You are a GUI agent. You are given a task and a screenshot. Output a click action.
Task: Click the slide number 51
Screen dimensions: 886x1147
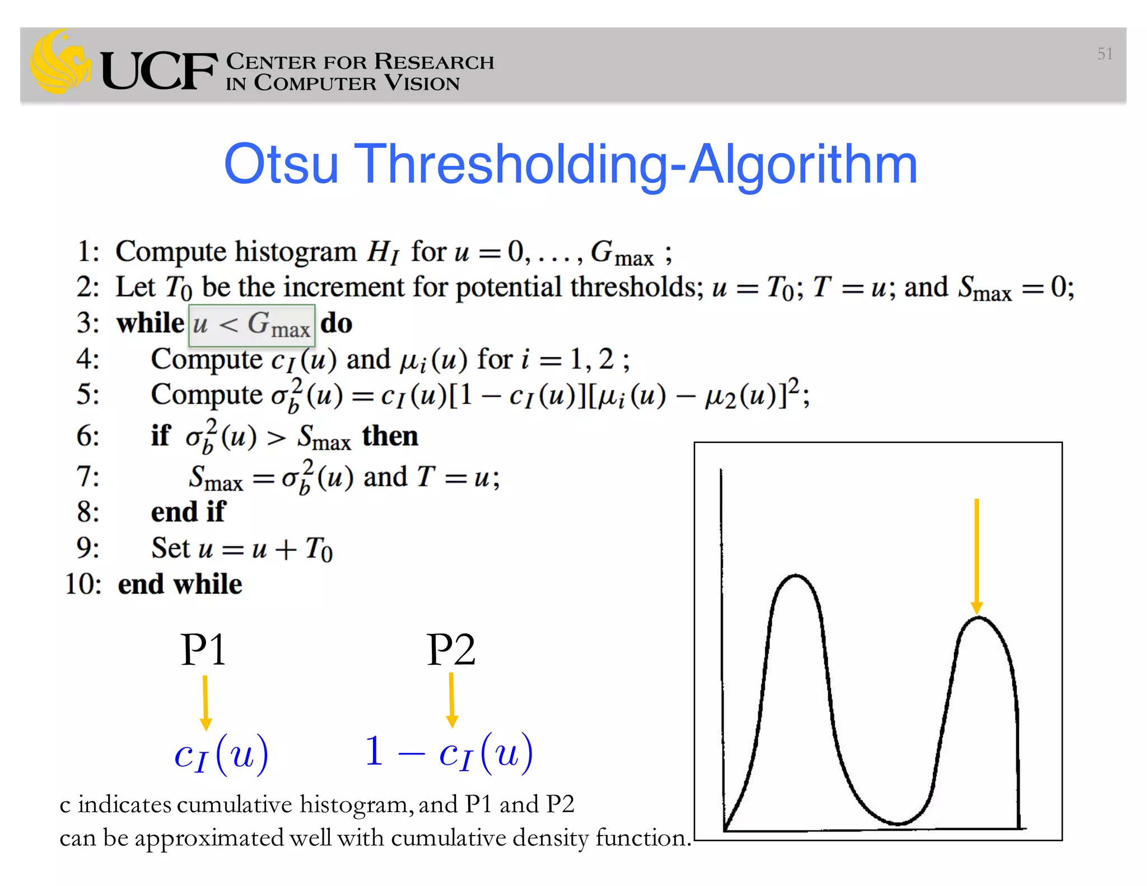(1104, 54)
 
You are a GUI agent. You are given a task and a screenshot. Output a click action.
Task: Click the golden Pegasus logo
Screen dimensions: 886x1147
(60, 63)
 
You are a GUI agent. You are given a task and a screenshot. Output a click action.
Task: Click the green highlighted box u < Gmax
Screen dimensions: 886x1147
(252, 325)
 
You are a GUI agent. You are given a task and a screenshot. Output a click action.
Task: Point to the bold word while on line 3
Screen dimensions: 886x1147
(150, 323)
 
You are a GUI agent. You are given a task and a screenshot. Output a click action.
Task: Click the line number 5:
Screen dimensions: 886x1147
(88, 394)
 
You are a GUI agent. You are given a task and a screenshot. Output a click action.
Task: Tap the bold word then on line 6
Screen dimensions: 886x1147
(390, 436)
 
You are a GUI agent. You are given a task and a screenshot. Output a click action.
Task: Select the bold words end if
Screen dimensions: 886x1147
(188, 512)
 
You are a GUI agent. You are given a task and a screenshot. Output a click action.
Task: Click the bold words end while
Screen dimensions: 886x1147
(180, 584)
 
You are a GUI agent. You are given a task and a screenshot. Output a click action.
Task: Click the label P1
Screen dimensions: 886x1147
(203, 650)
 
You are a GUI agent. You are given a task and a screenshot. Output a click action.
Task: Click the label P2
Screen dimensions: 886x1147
(451, 650)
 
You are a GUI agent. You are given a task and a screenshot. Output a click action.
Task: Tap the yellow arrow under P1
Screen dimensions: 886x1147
(206, 703)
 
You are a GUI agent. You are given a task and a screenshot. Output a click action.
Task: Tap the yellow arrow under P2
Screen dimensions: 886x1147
(452, 700)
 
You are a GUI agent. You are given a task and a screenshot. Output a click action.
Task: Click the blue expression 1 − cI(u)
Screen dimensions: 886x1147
(449, 752)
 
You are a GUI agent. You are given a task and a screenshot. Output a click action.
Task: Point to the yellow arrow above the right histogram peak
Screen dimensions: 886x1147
(977, 554)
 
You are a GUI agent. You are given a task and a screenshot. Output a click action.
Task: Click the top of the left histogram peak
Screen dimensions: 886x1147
(795, 576)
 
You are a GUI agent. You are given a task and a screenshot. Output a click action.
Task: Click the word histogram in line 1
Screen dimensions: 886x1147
(295, 251)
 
